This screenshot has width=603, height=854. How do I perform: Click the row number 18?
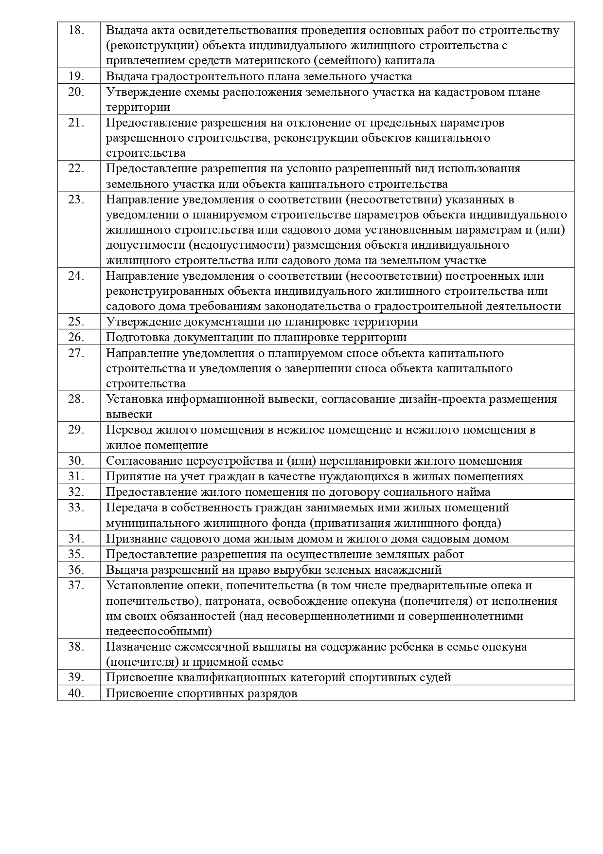coord(76,30)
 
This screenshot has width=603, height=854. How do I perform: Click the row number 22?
coord(76,168)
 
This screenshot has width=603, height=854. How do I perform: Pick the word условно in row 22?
coord(297,168)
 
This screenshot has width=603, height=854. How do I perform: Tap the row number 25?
coord(76,322)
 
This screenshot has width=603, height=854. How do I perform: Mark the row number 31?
coord(76,476)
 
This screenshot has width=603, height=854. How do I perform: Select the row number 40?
coord(76,693)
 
